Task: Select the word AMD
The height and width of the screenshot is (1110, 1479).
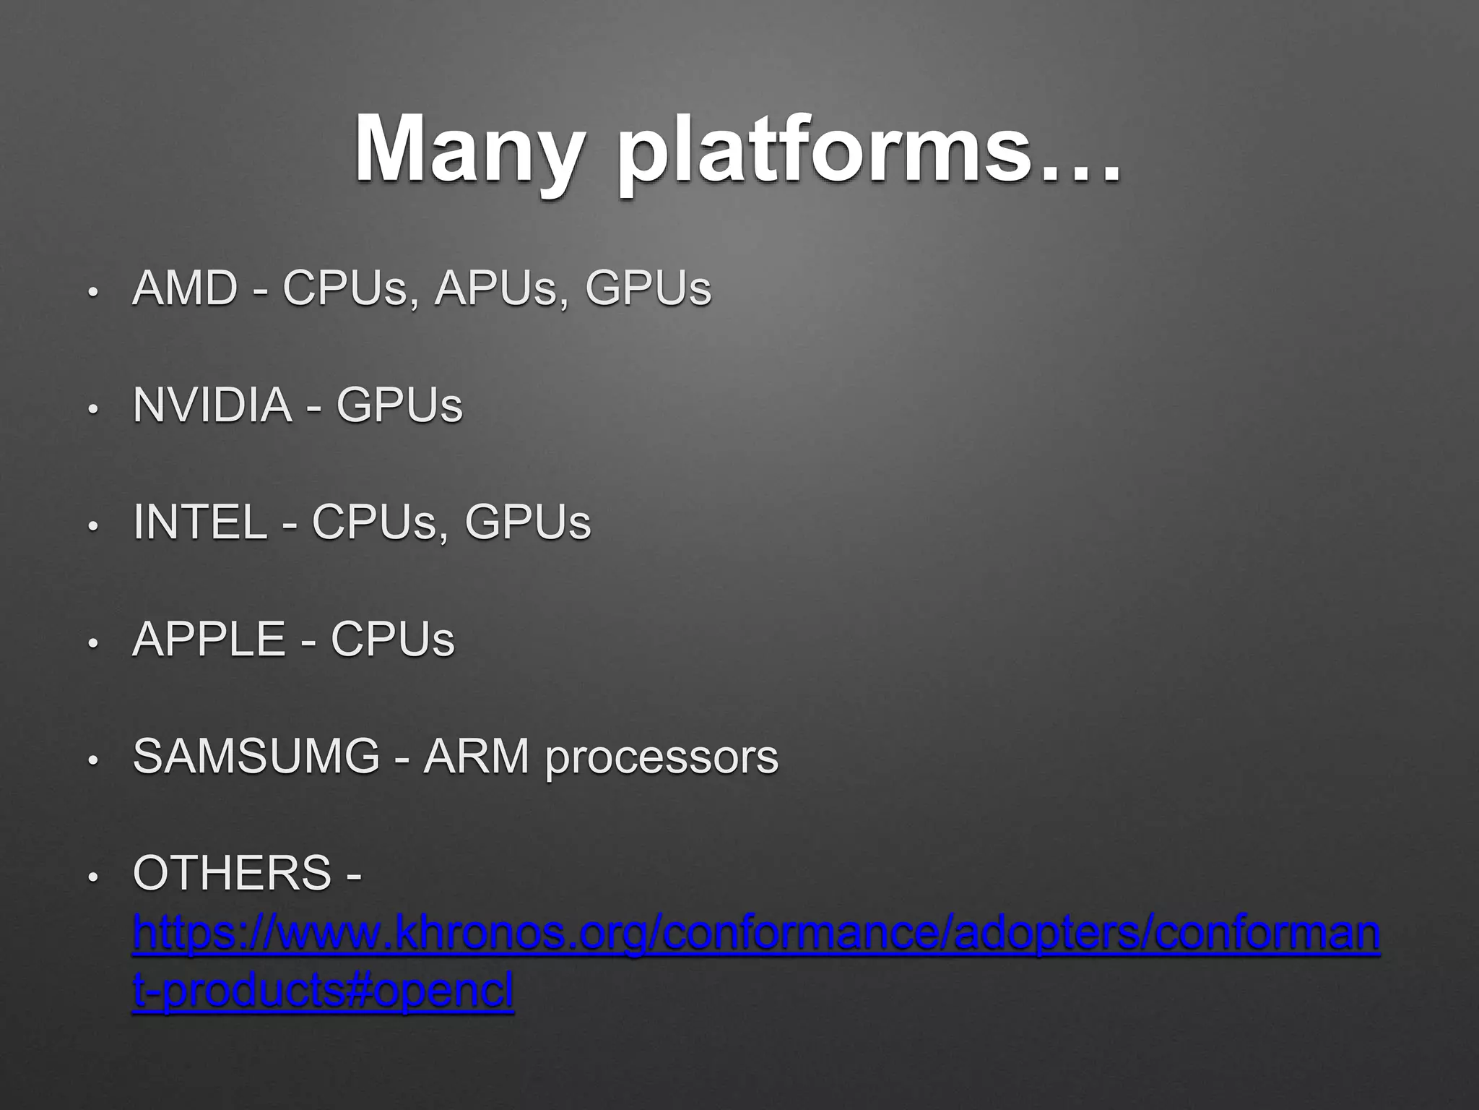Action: [x=185, y=288]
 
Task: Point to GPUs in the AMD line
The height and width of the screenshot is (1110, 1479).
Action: [x=648, y=288]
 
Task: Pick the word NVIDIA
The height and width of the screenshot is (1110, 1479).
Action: [x=212, y=405]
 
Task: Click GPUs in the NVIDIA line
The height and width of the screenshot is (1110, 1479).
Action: [x=399, y=405]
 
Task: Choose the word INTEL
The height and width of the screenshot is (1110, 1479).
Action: [x=200, y=522]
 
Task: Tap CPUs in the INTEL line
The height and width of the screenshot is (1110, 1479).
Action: [x=375, y=522]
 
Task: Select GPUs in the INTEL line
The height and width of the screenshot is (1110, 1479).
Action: [x=527, y=522]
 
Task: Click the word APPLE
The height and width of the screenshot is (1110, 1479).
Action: [x=209, y=640]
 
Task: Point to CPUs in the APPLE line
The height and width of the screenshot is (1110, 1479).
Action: [x=392, y=640]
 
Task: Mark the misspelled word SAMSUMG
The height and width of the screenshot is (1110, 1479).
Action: [x=256, y=757]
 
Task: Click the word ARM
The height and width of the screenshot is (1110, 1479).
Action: [x=477, y=757]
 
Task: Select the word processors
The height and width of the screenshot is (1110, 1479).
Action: [x=662, y=759]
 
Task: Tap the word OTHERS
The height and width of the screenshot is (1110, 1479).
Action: [x=232, y=874]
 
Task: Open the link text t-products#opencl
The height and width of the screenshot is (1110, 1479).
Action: [x=323, y=991]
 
